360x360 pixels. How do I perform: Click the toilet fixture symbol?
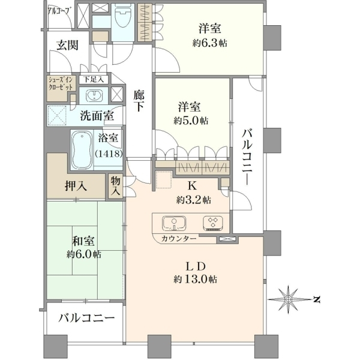pyautogui.click(x=122, y=17)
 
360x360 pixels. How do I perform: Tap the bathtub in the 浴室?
pyautogui.click(x=82, y=151)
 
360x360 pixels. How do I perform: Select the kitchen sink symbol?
pyautogui.click(x=174, y=223)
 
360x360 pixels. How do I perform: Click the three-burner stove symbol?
pyautogui.click(x=213, y=223)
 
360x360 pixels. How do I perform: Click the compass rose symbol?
pyautogui.click(x=288, y=299)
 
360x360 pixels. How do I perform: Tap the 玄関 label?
pyautogui.click(x=68, y=45)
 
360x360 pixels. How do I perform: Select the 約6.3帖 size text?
pyautogui.click(x=210, y=43)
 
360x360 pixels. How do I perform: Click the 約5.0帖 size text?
pyautogui.click(x=191, y=121)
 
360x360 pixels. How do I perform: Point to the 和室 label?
pyautogui.click(x=83, y=241)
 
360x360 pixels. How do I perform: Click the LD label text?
pyautogui.click(x=196, y=266)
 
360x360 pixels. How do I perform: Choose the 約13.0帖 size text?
pyautogui.click(x=196, y=279)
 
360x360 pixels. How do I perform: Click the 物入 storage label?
pyautogui.click(x=116, y=186)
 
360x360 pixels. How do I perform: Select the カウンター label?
pyautogui.click(x=179, y=239)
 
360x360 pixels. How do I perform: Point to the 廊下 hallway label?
pyautogui.click(x=139, y=101)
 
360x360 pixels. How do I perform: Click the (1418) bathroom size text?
pyautogui.click(x=108, y=154)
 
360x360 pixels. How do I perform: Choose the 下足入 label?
pyautogui.click(x=93, y=79)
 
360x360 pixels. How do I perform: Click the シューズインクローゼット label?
pyautogui.click(x=61, y=83)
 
